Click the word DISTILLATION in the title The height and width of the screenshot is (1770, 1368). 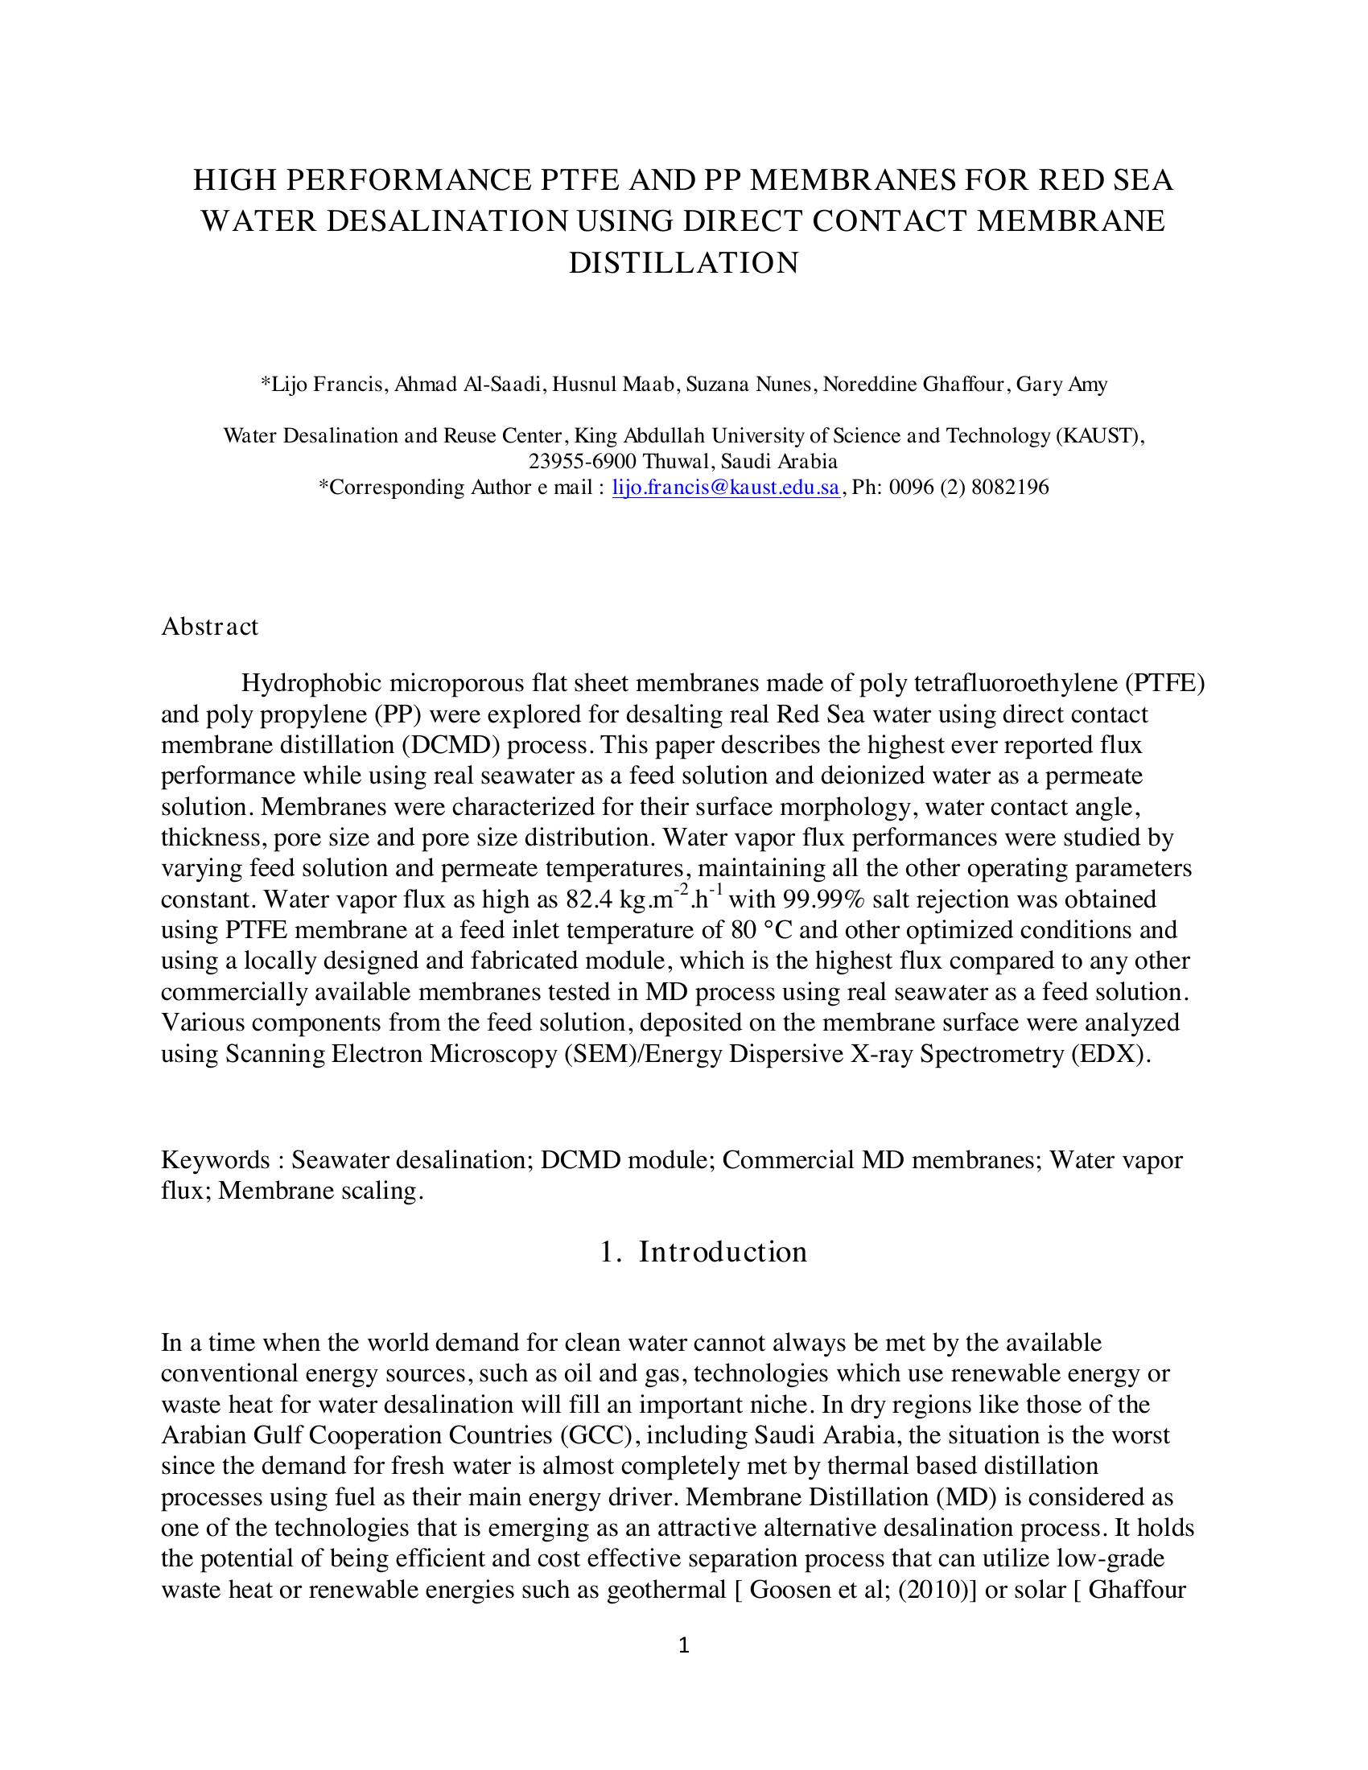[x=683, y=263]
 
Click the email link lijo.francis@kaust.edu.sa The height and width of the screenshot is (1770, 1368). [x=725, y=487]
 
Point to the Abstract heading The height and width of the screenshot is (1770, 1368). [x=209, y=627]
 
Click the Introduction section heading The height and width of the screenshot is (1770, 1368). [x=722, y=1251]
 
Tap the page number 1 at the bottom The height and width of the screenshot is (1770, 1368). [x=683, y=1644]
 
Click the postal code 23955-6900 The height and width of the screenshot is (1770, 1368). [x=583, y=461]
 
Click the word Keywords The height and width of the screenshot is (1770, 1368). [x=215, y=1159]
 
